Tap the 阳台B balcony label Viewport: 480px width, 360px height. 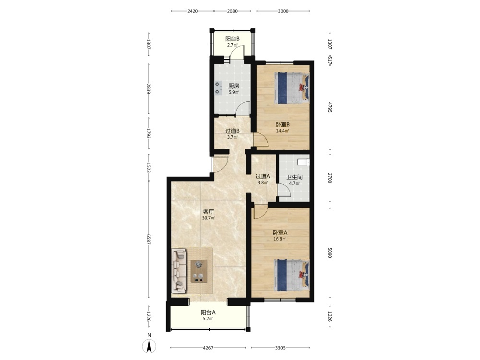tap(232, 39)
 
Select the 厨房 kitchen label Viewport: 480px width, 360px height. tap(234, 86)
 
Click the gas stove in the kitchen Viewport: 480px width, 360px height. tap(217, 87)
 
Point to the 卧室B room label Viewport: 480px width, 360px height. tap(283, 125)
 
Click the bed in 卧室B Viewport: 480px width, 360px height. tap(292, 88)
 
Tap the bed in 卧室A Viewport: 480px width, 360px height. tap(292, 275)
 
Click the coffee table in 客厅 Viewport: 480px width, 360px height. tap(199, 271)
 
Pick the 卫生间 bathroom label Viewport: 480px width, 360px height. tap(295, 177)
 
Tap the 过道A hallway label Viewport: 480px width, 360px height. tap(263, 176)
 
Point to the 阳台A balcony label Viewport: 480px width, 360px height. tap(208, 312)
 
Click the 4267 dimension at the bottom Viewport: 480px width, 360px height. tap(208, 348)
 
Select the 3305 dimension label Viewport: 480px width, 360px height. tap(280, 348)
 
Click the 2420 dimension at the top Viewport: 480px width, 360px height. tap(192, 12)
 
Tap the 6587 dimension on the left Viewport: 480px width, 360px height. tap(149, 240)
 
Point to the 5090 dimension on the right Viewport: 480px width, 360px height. tap(330, 252)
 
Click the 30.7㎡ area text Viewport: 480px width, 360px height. tap(208, 218)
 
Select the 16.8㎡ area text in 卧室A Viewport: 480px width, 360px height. tap(280, 239)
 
